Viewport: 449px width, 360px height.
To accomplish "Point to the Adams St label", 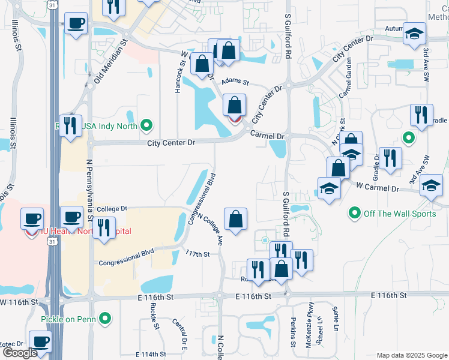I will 235,81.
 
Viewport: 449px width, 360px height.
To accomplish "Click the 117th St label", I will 197,254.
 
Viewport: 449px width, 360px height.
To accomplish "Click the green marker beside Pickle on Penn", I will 106,318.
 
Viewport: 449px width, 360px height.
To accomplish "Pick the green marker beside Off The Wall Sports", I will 354,213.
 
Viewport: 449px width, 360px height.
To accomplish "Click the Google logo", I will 20,353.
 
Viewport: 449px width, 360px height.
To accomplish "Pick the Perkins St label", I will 294,332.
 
